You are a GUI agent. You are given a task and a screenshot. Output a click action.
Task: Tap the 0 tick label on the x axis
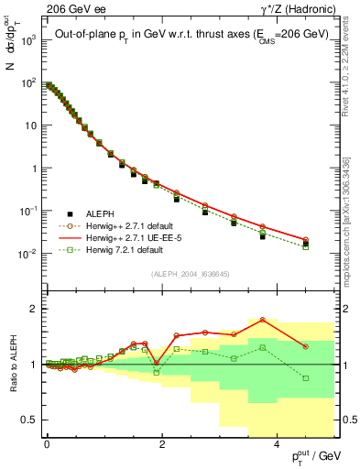click(x=47, y=442)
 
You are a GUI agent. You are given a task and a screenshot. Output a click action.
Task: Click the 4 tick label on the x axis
click(x=277, y=442)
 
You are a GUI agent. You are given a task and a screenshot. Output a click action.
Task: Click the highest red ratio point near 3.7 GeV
click(x=263, y=320)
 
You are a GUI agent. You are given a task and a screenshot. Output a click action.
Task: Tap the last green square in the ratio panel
click(x=306, y=377)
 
